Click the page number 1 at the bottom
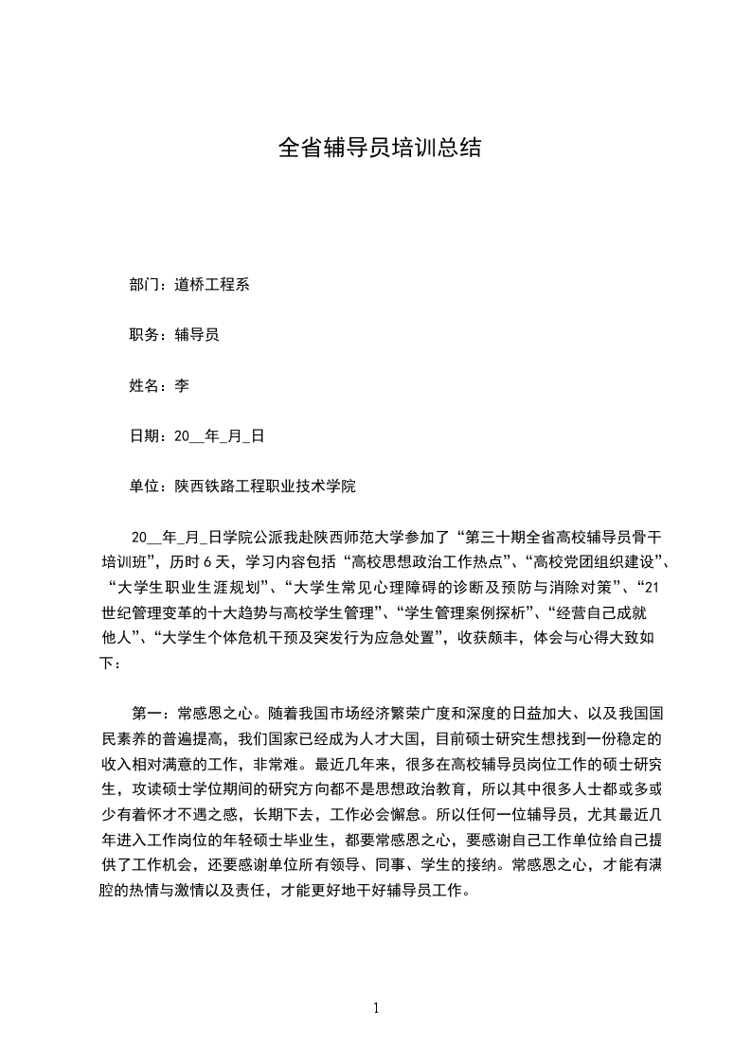tap(376, 1008)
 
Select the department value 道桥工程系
tap(212, 284)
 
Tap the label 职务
tap(144, 335)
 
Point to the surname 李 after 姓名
tap(182, 386)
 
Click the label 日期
tap(144, 436)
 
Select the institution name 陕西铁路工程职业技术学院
tap(265, 487)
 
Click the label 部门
tap(144, 284)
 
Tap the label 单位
tap(144, 487)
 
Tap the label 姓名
tap(144, 386)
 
